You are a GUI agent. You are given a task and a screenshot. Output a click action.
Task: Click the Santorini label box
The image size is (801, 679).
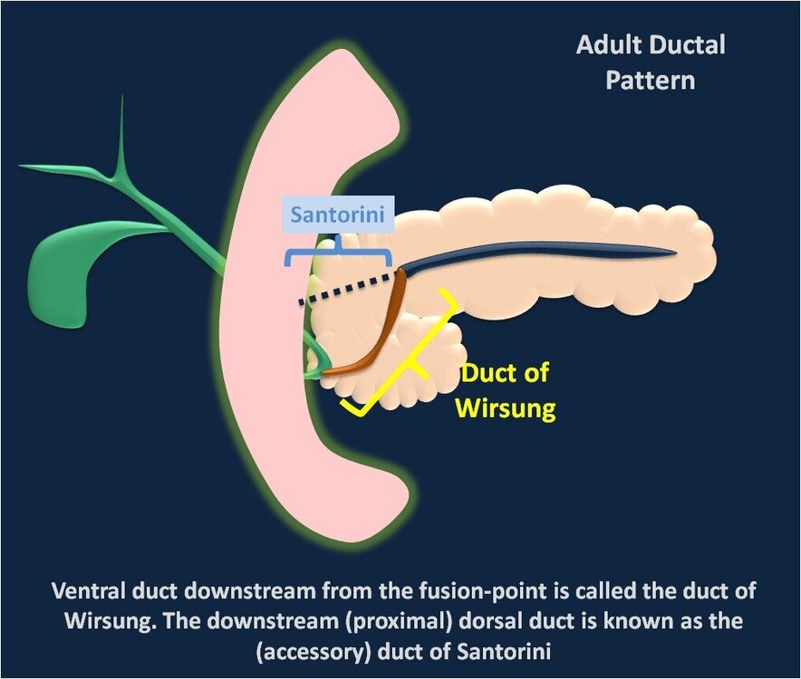click(338, 215)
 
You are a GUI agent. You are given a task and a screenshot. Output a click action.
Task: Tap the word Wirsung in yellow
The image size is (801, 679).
click(506, 408)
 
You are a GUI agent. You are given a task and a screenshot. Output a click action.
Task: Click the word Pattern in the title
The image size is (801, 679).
click(651, 81)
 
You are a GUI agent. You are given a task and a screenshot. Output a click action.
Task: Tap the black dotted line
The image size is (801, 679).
click(347, 290)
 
